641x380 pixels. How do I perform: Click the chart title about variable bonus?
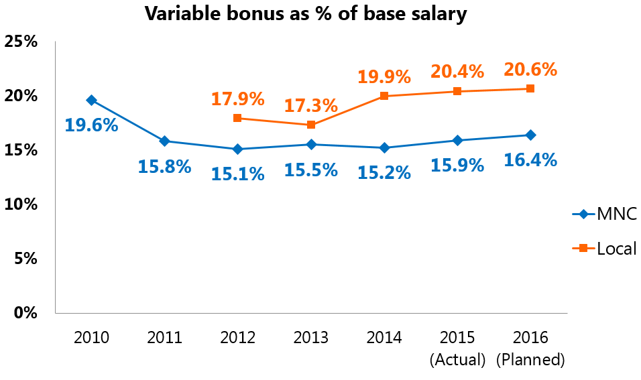(306, 14)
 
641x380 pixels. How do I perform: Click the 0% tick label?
(25, 312)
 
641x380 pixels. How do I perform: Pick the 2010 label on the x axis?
(91, 338)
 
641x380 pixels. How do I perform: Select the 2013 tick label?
(311, 338)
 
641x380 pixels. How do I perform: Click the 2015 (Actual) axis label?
(457, 348)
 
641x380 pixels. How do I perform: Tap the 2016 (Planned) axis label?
(530, 348)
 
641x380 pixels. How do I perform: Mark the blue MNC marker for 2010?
(91, 100)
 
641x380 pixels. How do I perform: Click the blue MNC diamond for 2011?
(164, 141)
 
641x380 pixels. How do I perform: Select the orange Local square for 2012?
(237, 118)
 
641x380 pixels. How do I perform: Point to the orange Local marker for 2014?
(384, 96)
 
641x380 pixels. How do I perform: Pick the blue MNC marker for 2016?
(530, 135)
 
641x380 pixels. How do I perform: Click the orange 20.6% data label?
(530, 69)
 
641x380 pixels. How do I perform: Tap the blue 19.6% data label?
(91, 125)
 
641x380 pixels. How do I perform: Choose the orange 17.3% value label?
(311, 105)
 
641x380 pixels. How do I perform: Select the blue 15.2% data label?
(384, 173)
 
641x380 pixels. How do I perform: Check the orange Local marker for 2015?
(457, 91)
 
